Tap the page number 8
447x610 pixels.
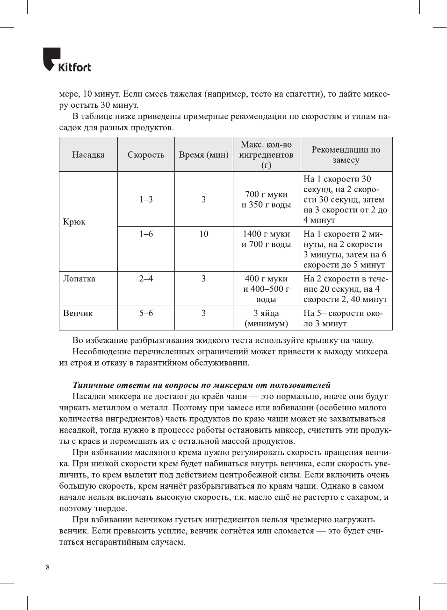[47, 567]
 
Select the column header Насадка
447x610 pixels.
[88, 154]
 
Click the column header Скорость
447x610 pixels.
[146, 154]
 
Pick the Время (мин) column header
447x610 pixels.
[203, 154]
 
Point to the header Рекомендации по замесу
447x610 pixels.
[346, 154]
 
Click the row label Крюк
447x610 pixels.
[74, 222]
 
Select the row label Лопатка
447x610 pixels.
[79, 279]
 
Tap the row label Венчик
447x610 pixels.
[78, 313]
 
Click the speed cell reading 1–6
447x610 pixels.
[146, 234]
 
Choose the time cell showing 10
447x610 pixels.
[203, 234]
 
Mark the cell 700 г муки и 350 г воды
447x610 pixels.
[266, 199]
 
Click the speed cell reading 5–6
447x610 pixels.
[146, 313]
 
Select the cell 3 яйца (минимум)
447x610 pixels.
[266, 318]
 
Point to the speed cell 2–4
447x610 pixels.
[146, 279]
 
